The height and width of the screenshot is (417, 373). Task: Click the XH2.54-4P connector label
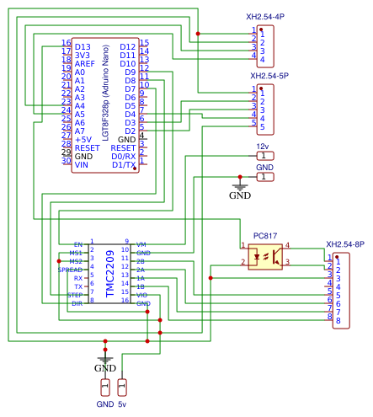pyautogui.click(x=264, y=16)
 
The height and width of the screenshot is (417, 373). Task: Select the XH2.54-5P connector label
pyautogui.click(x=269, y=76)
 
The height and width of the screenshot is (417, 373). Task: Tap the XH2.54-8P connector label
pyautogui.click(x=345, y=244)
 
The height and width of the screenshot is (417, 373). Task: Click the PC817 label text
pyautogui.click(x=265, y=236)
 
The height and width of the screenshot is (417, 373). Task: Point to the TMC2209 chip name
pyautogui.click(x=109, y=272)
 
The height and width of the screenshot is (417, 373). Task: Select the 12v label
pyautogui.click(x=262, y=146)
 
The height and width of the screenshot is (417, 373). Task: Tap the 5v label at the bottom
pyautogui.click(x=122, y=404)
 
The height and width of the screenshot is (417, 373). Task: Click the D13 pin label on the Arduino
pyautogui.click(x=83, y=47)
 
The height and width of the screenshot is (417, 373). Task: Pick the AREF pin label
pyautogui.click(x=85, y=64)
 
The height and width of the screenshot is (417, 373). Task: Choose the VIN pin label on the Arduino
pyautogui.click(x=82, y=165)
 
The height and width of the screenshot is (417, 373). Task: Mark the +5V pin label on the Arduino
pyautogui.click(x=83, y=140)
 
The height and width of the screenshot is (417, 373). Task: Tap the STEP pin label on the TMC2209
pyautogui.click(x=76, y=295)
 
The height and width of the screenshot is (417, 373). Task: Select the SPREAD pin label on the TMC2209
pyautogui.click(x=71, y=270)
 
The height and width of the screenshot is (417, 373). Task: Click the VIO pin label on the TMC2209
pyautogui.click(x=141, y=295)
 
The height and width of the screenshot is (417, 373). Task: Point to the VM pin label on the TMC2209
pyautogui.click(x=141, y=243)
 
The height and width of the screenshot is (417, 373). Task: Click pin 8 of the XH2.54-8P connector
pyautogui.click(x=338, y=321)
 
